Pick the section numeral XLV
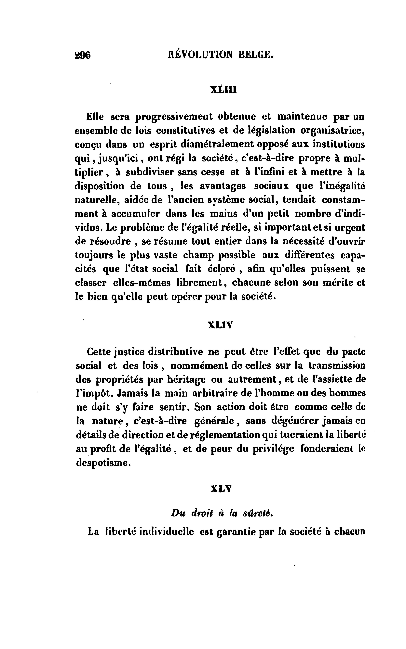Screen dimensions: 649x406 coord(221,489)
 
